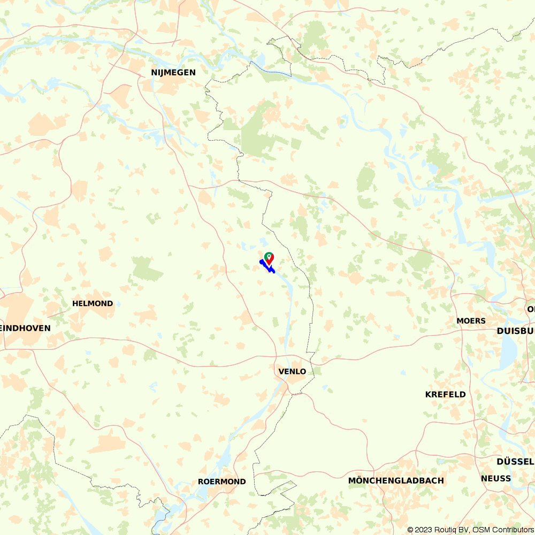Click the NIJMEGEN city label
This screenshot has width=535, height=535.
[173, 72]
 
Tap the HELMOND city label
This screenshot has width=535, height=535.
[93, 303]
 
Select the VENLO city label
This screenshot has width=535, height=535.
[292, 371]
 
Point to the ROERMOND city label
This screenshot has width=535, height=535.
[222, 481]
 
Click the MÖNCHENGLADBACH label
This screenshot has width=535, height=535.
[396, 480]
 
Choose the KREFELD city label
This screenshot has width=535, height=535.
[445, 394]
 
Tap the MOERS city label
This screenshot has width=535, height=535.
[471, 321]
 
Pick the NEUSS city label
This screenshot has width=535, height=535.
[496, 478]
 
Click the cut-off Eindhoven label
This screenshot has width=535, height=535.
[26, 328]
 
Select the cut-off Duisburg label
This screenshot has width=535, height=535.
[516, 331]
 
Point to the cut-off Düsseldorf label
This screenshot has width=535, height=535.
[515, 462]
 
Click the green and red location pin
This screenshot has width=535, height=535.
[269, 258]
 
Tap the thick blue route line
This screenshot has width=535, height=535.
[266, 266]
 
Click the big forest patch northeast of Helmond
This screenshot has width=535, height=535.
[146, 269]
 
